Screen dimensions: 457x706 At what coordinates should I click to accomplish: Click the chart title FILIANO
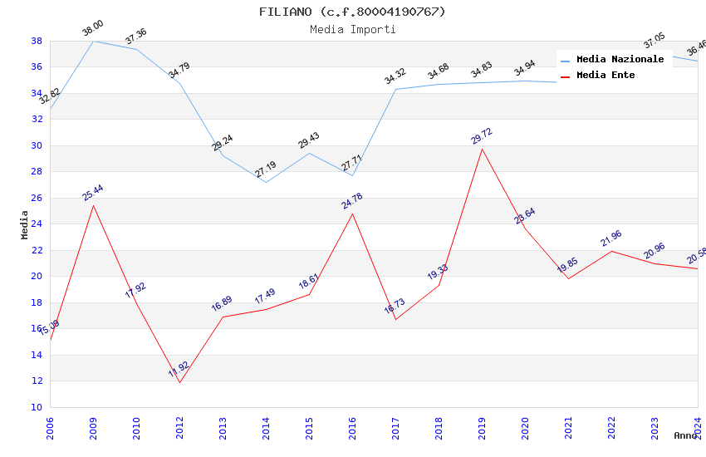[352, 12]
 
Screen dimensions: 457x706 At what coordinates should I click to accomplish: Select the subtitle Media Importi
[352, 29]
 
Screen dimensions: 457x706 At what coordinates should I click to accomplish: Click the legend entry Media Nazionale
[620, 59]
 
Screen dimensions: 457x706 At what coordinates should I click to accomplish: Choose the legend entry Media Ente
[605, 75]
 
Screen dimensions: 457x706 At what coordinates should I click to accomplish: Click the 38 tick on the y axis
[37, 41]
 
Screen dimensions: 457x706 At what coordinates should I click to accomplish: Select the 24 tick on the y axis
[37, 224]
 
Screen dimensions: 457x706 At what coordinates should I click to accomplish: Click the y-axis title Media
[25, 224]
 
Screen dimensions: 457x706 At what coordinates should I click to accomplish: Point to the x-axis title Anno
[685, 435]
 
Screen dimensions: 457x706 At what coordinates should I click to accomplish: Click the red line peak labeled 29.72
[482, 149]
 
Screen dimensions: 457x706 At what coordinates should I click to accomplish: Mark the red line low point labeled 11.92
[179, 382]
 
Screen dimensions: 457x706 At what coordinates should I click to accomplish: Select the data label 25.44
[92, 193]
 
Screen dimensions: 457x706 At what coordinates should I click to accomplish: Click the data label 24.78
[351, 201]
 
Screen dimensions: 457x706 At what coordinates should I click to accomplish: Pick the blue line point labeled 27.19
[266, 182]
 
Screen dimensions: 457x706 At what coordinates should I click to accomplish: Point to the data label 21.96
[610, 238]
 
